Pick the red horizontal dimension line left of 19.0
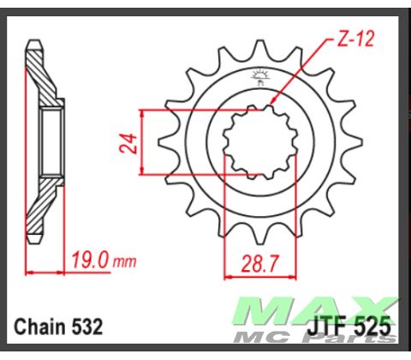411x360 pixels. tap(47, 272)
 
